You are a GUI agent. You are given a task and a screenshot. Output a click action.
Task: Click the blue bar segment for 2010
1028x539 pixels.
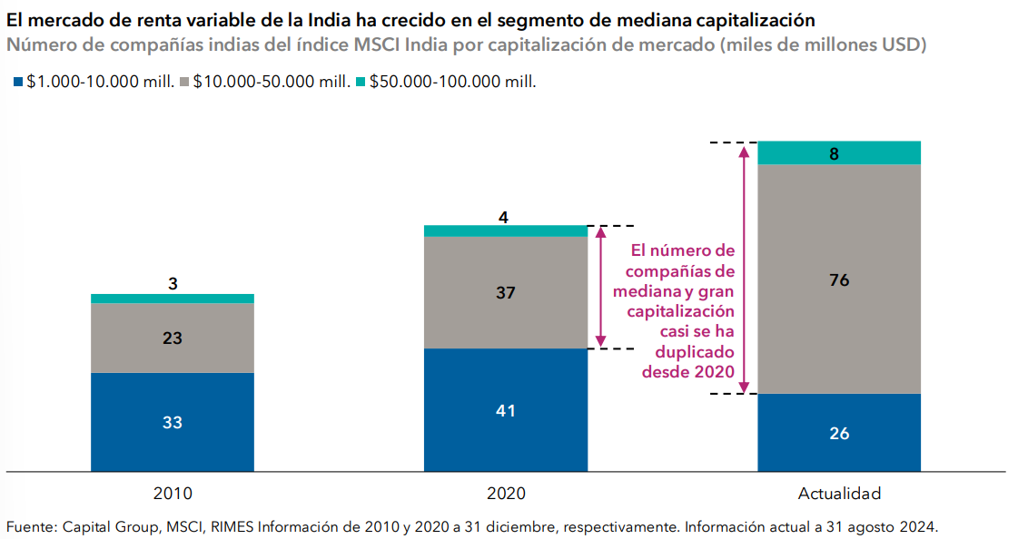[173, 422]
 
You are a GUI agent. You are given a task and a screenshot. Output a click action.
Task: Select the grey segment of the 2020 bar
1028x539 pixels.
[506, 292]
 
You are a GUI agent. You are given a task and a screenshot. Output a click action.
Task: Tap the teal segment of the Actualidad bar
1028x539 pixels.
[839, 153]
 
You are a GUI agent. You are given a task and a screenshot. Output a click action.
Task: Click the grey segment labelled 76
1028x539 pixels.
[839, 279]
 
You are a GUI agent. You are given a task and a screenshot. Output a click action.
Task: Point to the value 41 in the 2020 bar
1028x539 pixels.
[506, 410]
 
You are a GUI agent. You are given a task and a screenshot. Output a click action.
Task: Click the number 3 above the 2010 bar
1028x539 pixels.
[173, 284]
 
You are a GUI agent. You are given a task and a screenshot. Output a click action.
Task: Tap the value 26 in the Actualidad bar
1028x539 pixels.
[839, 433]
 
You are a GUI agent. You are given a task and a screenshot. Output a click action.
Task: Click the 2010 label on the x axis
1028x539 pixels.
[173, 495]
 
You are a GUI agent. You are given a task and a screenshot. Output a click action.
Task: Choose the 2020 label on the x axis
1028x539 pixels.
[506, 495]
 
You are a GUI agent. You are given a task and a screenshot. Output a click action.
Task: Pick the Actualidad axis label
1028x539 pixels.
[839, 495]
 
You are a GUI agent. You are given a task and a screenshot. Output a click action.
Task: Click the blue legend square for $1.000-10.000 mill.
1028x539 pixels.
[17, 82]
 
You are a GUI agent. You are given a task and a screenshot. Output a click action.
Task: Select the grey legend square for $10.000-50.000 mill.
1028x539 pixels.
[184, 82]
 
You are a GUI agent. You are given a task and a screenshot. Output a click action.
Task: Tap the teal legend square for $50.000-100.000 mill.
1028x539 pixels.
[360, 82]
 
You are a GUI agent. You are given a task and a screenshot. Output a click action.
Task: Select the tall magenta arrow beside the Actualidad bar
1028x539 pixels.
[745, 268]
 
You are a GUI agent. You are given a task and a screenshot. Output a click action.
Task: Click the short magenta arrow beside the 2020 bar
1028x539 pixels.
[598, 287]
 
